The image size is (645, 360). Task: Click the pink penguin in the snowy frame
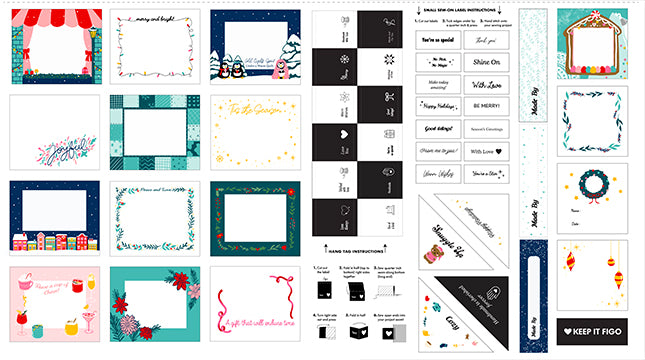pyautogui.click(x=279, y=68)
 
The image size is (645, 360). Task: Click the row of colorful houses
pyautogui.click(x=54, y=240)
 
